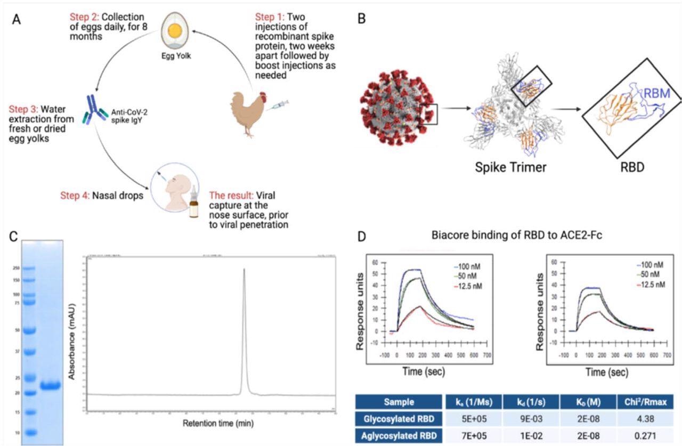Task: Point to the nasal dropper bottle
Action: point(194,205)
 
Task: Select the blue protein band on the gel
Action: point(51,385)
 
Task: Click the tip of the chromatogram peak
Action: point(244,270)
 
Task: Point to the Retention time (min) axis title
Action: point(210,424)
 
